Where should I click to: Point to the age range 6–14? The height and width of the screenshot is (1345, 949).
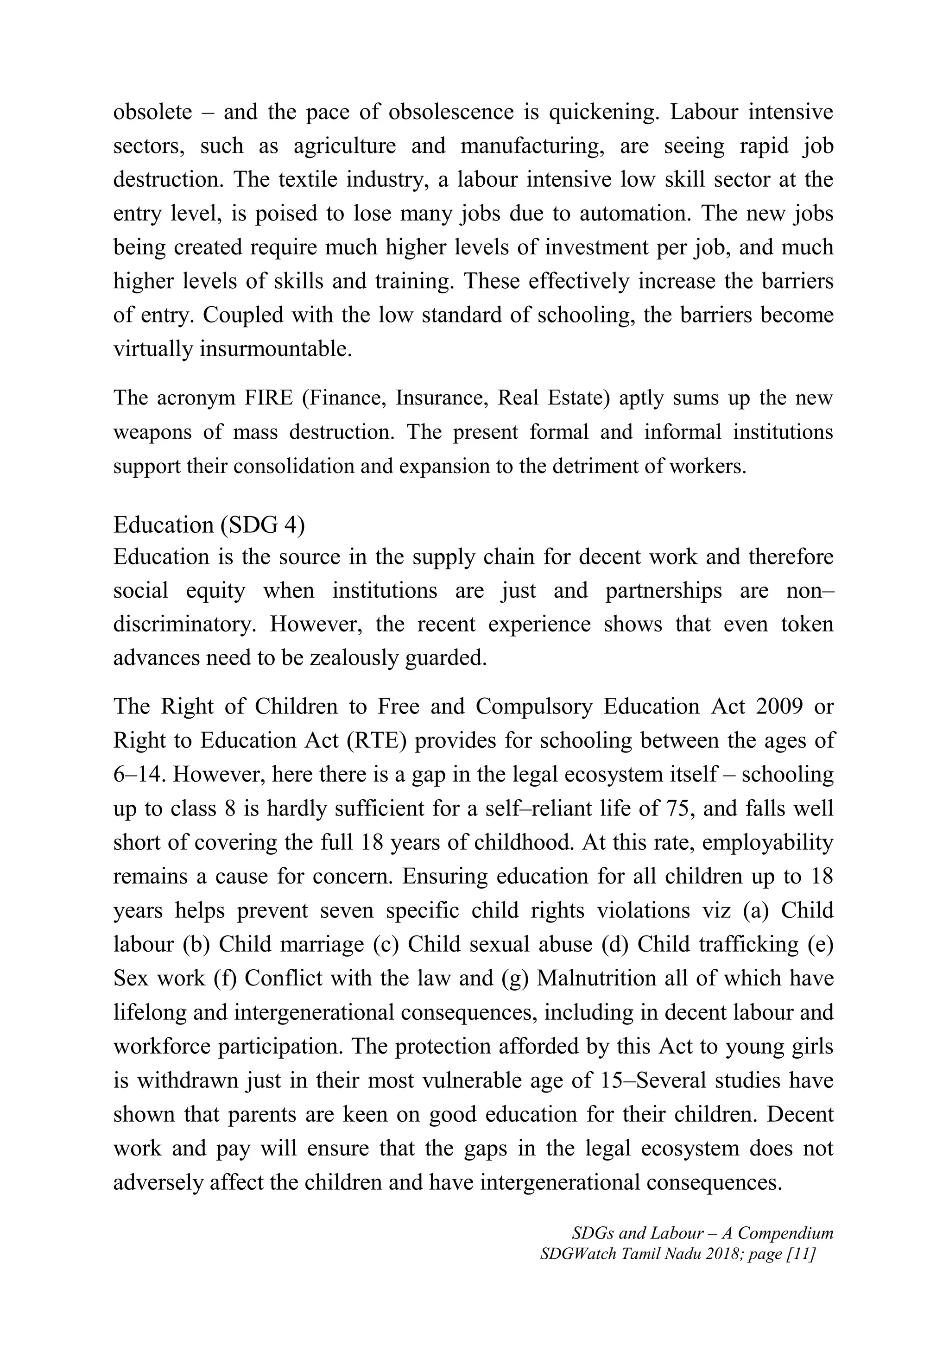(139, 775)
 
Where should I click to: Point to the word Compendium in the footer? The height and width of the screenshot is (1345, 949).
(785, 1233)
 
